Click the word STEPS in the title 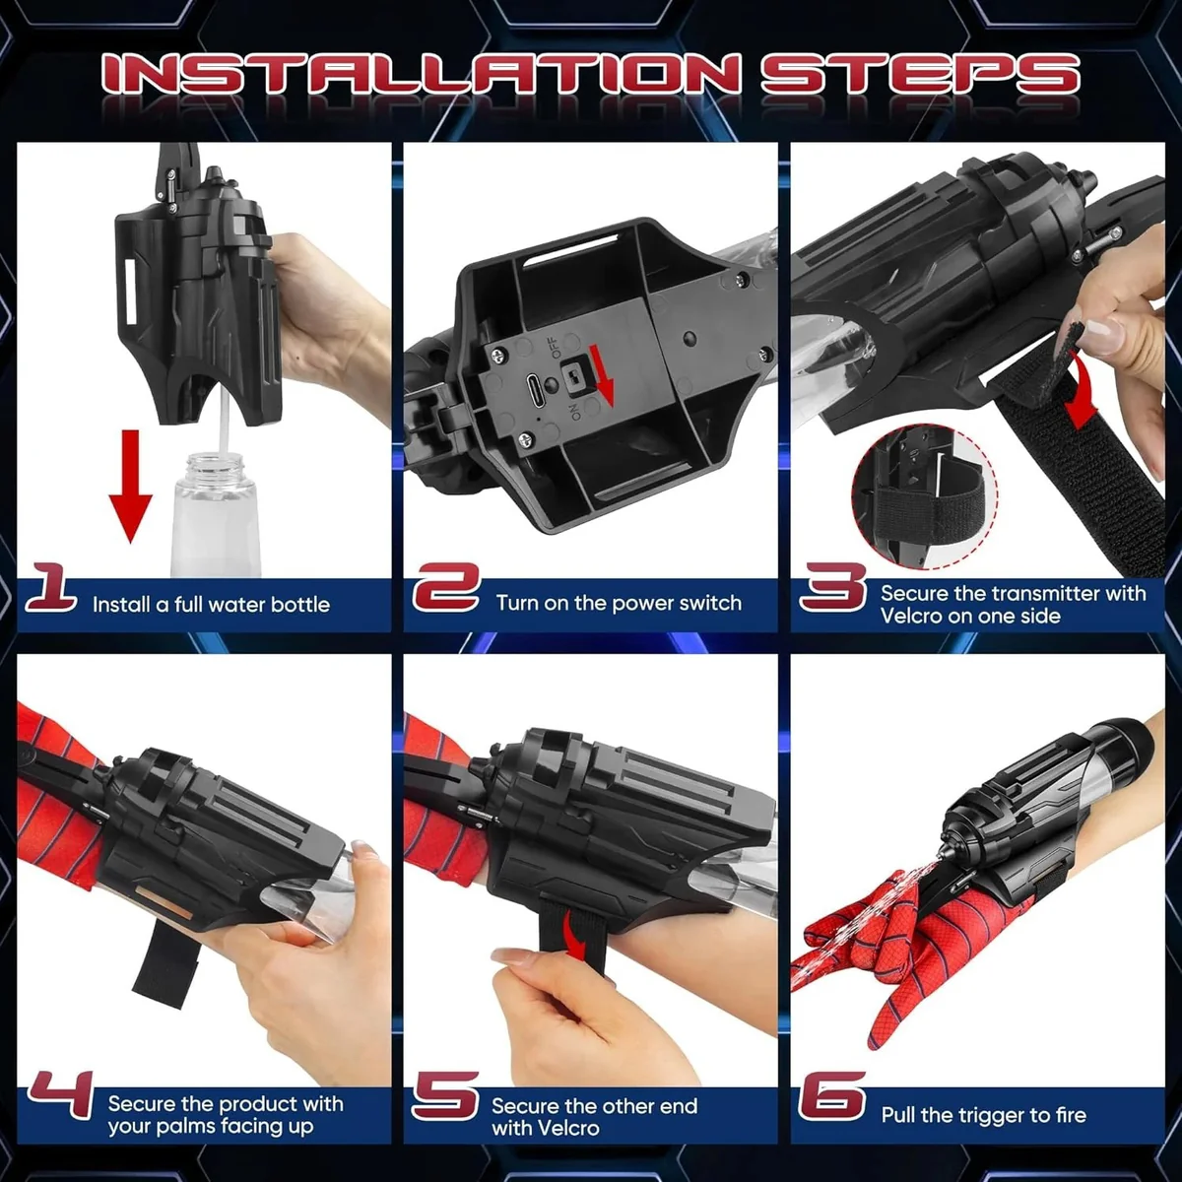pos(920,74)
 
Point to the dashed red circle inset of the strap pos(926,497)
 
